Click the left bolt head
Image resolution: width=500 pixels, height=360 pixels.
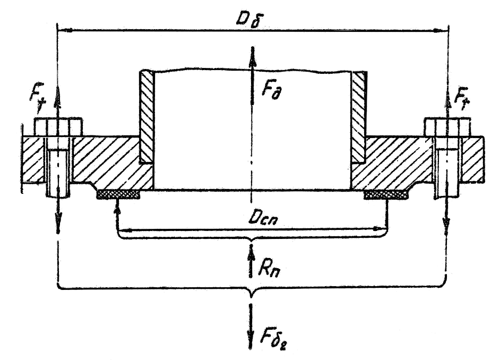point(58,127)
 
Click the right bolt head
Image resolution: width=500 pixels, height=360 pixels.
point(447,127)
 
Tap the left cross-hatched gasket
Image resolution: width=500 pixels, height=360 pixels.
point(118,194)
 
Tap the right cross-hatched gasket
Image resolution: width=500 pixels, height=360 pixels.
point(386,194)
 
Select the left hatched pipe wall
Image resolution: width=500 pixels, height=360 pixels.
point(146,117)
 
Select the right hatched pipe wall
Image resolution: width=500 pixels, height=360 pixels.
point(359,117)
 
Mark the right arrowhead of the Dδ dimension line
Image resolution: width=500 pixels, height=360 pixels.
point(441,30)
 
